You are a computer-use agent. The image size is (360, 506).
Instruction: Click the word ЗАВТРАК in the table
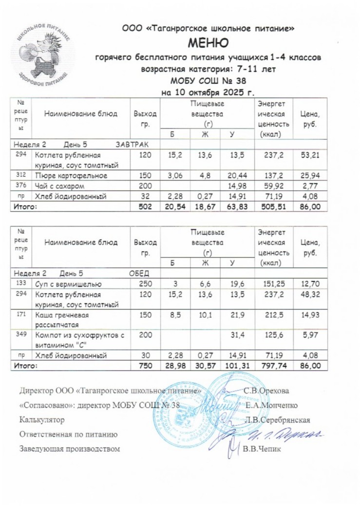[x=132, y=145]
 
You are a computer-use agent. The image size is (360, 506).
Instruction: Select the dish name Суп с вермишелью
[x=66, y=284]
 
